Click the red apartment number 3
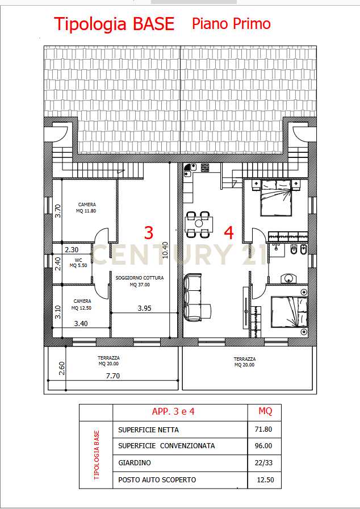[149, 233]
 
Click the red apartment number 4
[229, 233]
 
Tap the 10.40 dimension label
[165, 250]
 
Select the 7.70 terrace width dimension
[113, 376]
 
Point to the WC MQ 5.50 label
[78, 262]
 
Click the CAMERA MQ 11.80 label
[87, 208]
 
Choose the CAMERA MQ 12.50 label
[82, 304]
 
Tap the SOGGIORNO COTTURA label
[140, 278]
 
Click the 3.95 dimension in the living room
[144, 308]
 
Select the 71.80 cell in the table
[263, 429]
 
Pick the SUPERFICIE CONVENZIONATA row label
[166, 446]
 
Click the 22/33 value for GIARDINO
[263, 463]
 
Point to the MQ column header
[265, 411]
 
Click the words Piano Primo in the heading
[231, 24]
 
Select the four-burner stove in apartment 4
[205, 168]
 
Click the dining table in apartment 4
[199, 224]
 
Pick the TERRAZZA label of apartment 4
[245, 362]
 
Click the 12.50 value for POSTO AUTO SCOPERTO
[265, 480]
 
